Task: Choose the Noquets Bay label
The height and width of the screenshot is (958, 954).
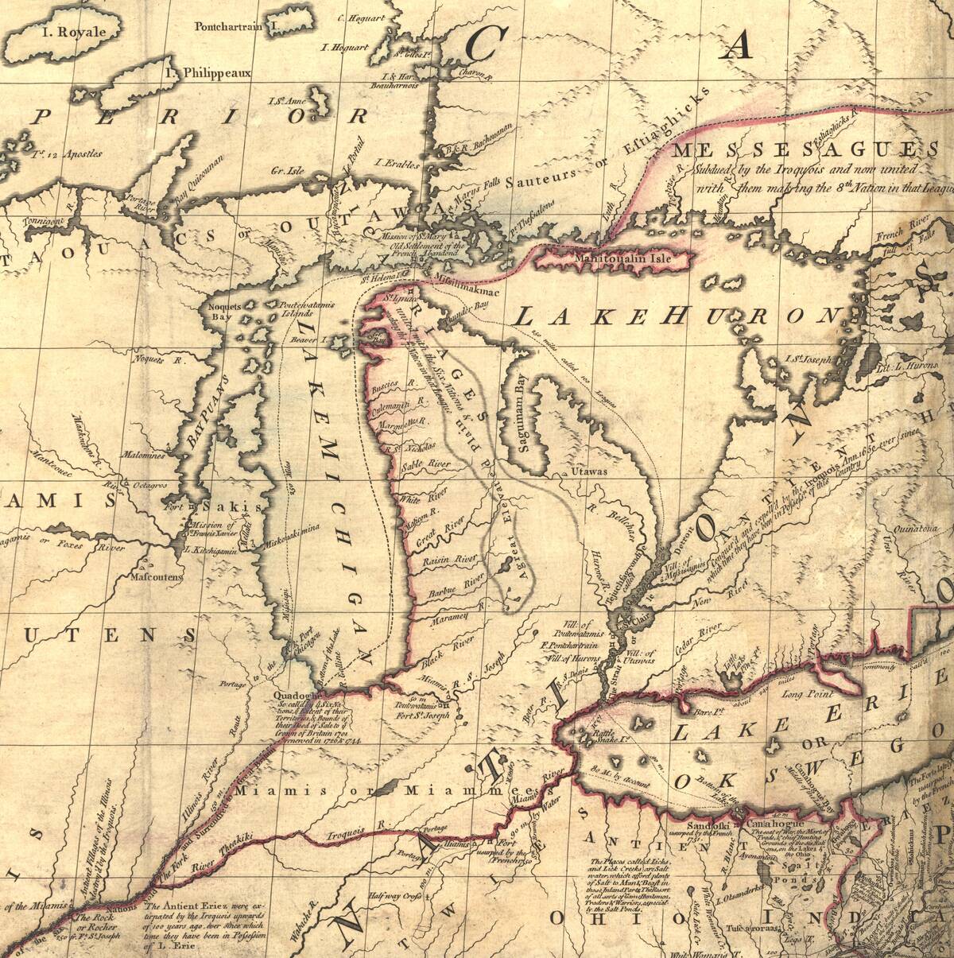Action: point(219,311)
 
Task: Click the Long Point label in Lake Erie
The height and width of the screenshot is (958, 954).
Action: point(805,695)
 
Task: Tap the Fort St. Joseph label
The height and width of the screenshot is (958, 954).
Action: point(421,713)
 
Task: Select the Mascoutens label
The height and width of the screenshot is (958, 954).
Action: point(158,577)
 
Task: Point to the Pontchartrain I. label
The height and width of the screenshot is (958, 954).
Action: point(235,26)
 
